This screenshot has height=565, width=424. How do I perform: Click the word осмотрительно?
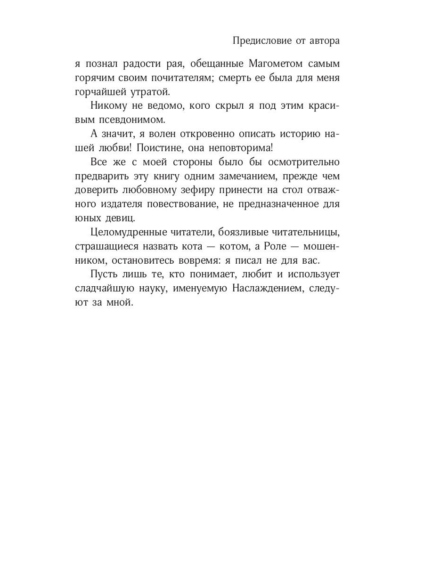coord(303,163)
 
